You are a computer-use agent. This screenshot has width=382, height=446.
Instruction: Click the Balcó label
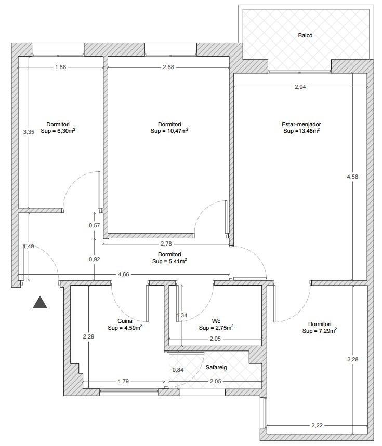(x=305, y=35)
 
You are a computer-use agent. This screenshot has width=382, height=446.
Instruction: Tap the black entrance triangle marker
(x=40, y=303)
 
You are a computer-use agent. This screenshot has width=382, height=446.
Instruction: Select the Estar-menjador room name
(x=301, y=124)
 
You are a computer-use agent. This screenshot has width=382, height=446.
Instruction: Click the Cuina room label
(x=125, y=321)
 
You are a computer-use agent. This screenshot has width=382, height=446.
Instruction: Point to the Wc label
(x=216, y=321)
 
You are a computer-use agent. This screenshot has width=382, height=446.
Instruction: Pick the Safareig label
(x=216, y=367)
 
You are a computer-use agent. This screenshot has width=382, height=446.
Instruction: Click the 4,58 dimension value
(x=352, y=177)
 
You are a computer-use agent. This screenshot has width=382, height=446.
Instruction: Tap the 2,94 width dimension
(x=300, y=87)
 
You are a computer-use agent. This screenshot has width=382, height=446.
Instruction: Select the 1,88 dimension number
(x=60, y=67)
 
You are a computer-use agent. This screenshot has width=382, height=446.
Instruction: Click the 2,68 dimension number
(x=168, y=67)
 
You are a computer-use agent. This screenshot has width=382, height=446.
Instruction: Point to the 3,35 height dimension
(x=29, y=132)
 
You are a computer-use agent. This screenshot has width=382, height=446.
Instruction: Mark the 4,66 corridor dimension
(x=124, y=274)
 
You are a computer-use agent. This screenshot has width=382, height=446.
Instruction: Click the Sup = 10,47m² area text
(x=169, y=131)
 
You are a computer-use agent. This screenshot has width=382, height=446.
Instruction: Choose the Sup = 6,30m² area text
(x=58, y=131)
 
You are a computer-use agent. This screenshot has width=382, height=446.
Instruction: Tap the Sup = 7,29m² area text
(x=320, y=331)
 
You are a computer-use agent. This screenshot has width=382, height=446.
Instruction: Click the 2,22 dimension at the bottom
(x=317, y=425)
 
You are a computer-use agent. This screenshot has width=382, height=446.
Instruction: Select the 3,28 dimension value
(x=353, y=359)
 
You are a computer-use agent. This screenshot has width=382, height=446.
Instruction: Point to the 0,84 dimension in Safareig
(x=178, y=370)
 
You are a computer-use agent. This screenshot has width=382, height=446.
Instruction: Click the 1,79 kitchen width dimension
(x=124, y=381)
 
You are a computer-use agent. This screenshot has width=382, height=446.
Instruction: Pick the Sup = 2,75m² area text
(x=216, y=328)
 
